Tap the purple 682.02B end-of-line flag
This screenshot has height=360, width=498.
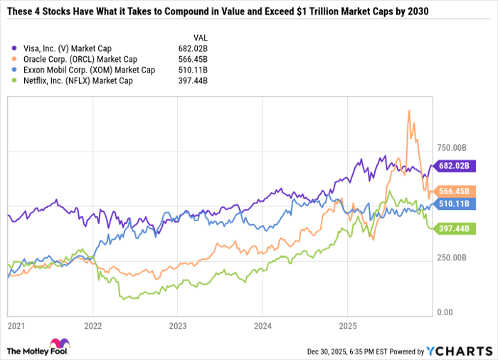coord(452,165)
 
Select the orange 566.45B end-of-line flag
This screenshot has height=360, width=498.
coord(452,191)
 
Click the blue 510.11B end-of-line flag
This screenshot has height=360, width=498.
coord(452,204)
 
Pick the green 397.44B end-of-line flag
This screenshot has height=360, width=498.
coord(452,228)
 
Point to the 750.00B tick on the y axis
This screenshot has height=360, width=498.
coord(451,148)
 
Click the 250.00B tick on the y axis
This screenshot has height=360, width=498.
coord(451,258)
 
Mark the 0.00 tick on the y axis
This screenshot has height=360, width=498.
coord(445,312)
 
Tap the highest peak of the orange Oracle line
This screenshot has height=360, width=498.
coord(408,110)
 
